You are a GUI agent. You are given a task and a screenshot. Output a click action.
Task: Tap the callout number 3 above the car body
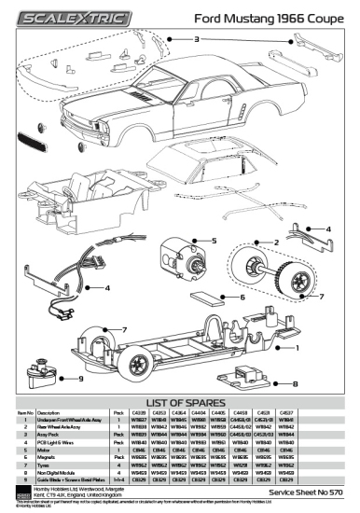click(x=197, y=39)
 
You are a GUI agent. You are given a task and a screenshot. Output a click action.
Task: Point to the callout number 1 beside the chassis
click(x=324, y=347)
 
